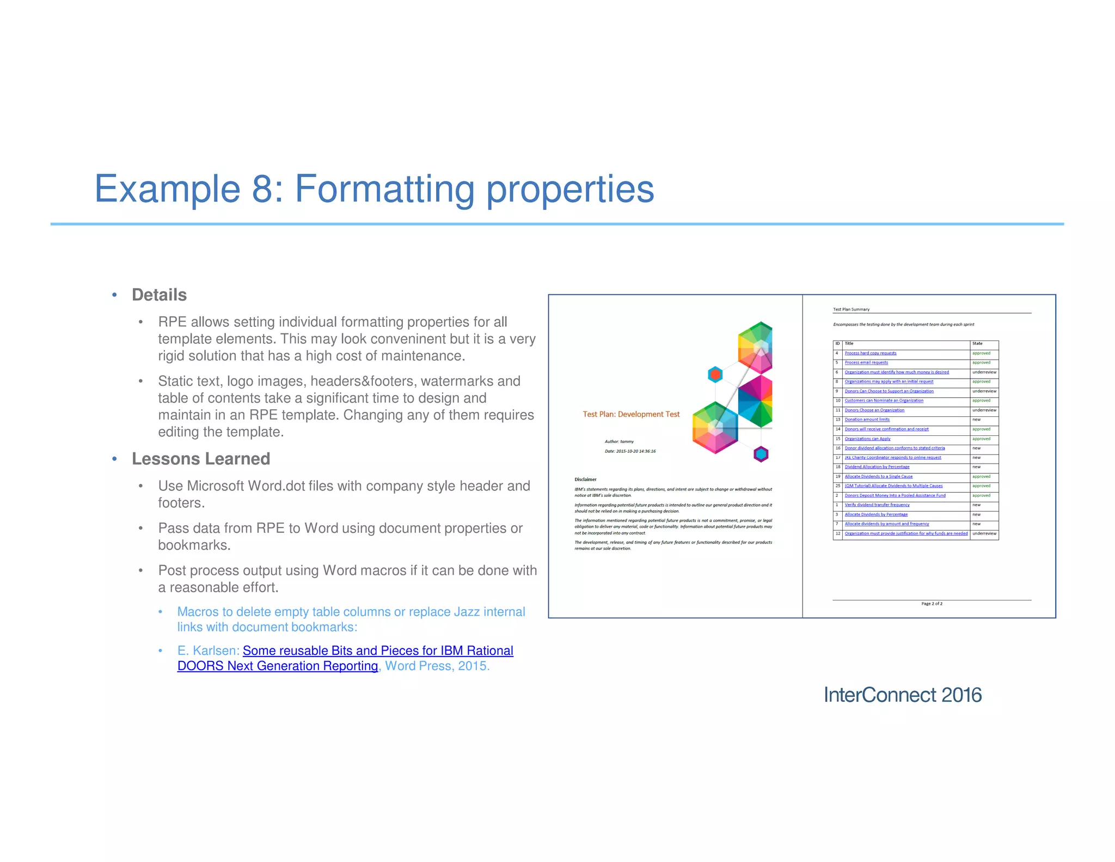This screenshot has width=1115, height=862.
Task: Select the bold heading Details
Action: [x=159, y=295]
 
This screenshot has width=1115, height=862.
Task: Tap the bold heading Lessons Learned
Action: [x=200, y=459]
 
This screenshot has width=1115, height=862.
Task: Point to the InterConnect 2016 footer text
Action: [x=902, y=695]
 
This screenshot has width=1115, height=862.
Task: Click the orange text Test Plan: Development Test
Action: [x=631, y=414]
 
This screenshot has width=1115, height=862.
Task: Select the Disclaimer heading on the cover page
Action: [x=585, y=479]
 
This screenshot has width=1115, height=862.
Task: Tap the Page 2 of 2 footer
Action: [x=932, y=604]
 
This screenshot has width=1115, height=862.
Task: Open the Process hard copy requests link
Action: [x=870, y=353]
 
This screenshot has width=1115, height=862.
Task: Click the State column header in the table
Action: [x=977, y=344]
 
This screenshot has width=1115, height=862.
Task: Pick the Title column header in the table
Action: [x=849, y=344]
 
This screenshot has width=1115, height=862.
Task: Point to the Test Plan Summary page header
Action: [x=851, y=309]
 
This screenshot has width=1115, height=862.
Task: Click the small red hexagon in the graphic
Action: [x=715, y=374]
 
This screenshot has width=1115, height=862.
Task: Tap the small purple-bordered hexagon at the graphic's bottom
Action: [x=761, y=453]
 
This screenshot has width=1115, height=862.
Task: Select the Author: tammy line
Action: [x=619, y=441]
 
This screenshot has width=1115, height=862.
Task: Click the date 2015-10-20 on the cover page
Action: [x=630, y=451]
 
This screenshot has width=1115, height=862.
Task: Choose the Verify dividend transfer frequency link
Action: [x=877, y=505]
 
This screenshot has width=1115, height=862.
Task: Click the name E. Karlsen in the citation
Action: [x=207, y=651]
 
